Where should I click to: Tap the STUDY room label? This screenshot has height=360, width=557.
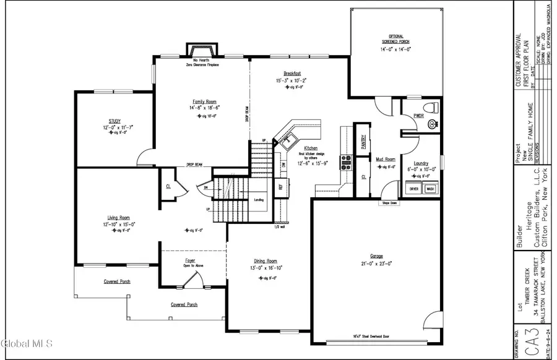pos(114,121)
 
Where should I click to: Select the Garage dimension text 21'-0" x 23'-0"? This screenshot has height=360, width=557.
pos(377,264)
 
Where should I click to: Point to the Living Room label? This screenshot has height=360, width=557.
pos(116,218)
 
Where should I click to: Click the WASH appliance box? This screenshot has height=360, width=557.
pos(430,189)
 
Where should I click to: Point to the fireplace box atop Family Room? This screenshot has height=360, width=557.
pos(202,50)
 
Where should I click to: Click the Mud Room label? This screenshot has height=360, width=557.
pos(386,159)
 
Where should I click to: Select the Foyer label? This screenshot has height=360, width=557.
pos(189,260)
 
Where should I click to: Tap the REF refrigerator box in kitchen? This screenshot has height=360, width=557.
pos(280,185)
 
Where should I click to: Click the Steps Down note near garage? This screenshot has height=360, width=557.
pos(390,203)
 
